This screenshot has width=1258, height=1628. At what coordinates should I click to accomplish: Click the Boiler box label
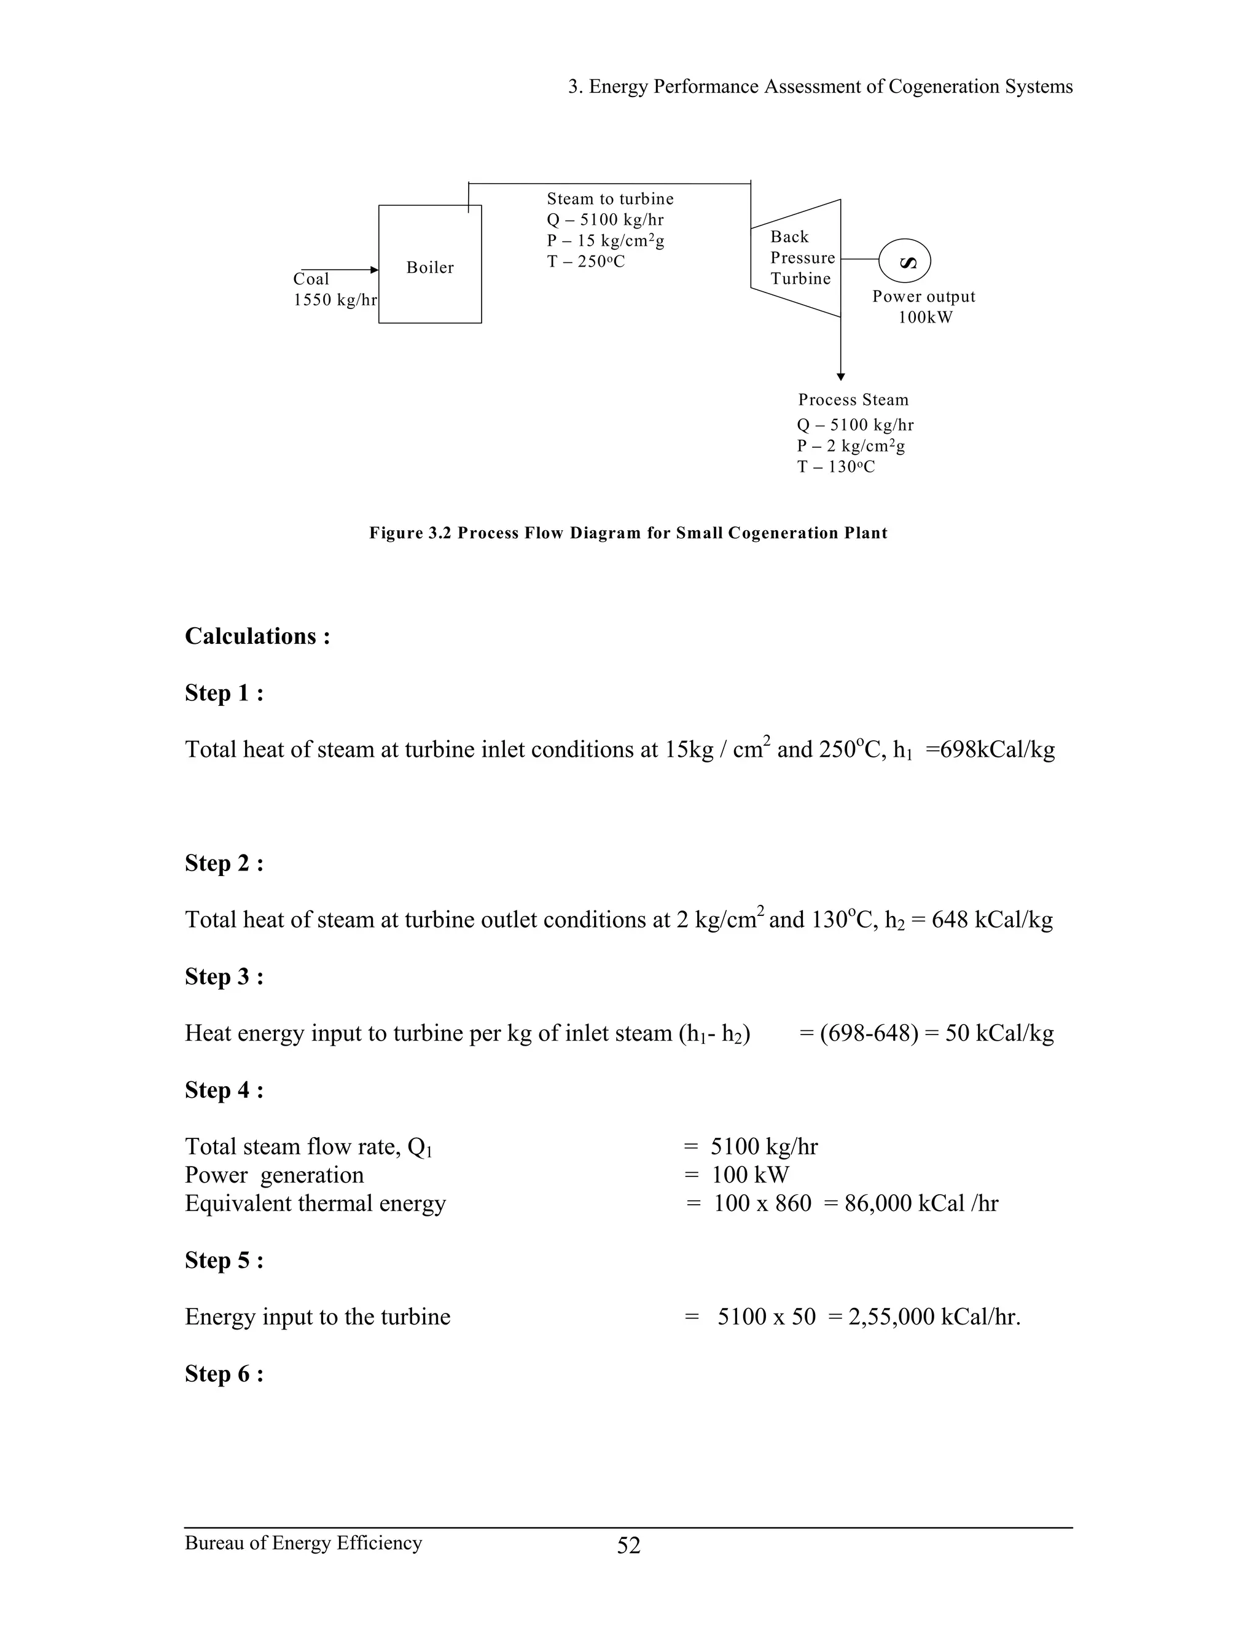click(x=430, y=268)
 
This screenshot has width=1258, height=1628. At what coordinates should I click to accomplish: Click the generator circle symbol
click(x=905, y=262)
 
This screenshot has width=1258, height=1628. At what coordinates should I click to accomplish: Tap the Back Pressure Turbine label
click(x=802, y=258)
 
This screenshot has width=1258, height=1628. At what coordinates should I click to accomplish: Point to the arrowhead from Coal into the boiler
click(x=374, y=270)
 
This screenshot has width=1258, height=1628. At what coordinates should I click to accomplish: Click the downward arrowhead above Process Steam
click(x=841, y=377)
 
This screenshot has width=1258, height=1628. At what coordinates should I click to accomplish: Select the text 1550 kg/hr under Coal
click(x=335, y=300)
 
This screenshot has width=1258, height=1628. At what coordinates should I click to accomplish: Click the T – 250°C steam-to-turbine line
click(x=586, y=262)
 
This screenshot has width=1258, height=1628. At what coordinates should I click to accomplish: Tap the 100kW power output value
click(x=925, y=318)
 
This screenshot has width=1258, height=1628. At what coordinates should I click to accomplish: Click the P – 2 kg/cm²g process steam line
click(x=850, y=446)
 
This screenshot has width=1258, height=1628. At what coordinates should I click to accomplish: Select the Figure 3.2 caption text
click(x=628, y=533)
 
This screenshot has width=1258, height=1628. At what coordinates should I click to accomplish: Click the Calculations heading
click(x=257, y=636)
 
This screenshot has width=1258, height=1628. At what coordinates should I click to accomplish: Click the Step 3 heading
click(x=224, y=977)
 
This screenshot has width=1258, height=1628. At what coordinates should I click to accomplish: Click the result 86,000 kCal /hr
click(x=921, y=1203)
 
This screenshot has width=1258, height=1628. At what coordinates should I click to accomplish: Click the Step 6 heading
click(x=224, y=1373)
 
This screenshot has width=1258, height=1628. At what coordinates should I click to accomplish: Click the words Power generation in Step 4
click(x=274, y=1175)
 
